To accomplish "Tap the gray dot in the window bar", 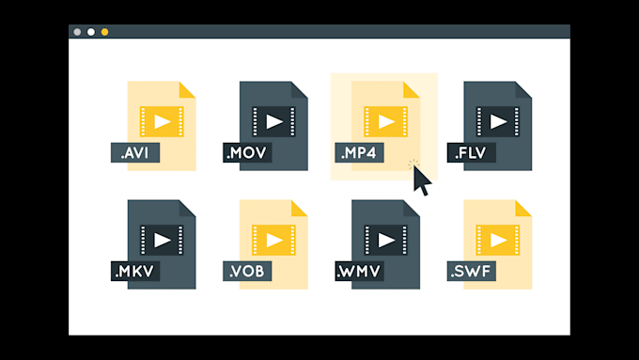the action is tap(78, 32).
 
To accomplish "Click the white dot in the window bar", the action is tap(91, 32).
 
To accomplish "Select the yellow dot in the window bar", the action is tap(104, 32).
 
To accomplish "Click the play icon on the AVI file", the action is tap(163, 121).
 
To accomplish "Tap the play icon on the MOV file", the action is tap(274, 121).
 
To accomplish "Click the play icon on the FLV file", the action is tap(498, 121).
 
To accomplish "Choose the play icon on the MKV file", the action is tap(163, 240).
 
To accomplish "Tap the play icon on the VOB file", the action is tap(274, 240).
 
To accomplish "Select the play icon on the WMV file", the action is tap(386, 240).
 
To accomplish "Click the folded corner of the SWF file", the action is tap(524, 207).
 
